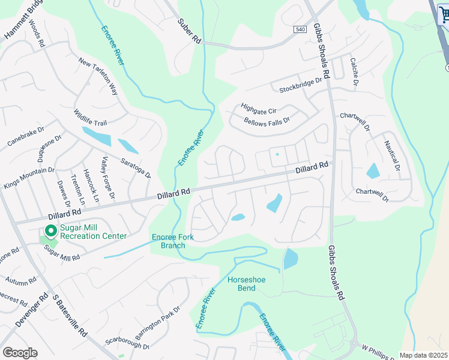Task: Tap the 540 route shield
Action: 300,29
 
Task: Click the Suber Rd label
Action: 189,31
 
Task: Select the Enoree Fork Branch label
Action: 172,241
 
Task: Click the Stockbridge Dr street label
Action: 301,86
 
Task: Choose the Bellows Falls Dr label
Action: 267,121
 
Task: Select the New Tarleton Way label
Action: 97,77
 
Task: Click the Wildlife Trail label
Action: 90,116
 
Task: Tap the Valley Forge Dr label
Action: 107,178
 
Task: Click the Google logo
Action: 20,353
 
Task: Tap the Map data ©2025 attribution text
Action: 423,355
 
